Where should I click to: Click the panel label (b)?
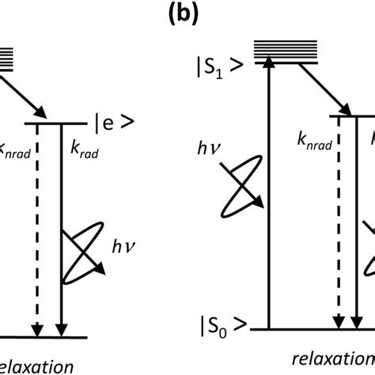[x=187, y=17]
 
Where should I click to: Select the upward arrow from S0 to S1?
[x=271, y=190]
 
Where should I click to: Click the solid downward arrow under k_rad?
[x=60, y=229]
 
